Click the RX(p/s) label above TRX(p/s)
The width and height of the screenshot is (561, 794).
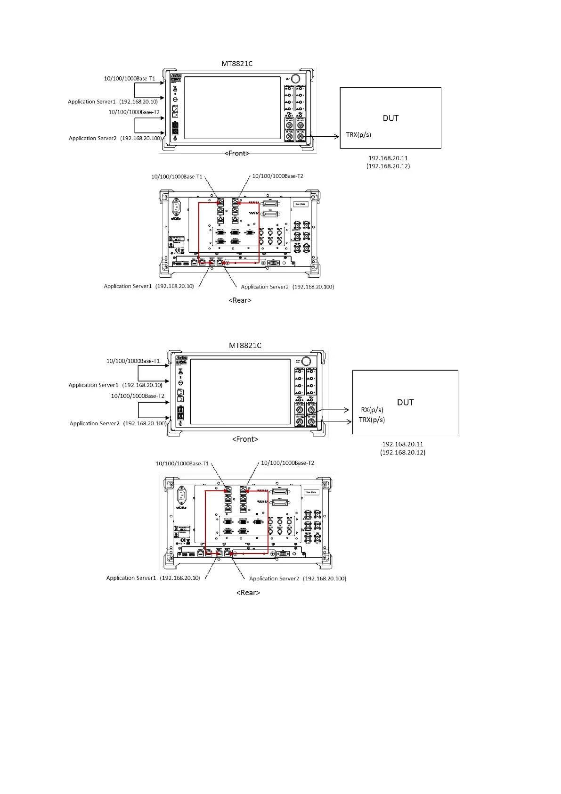coord(372,410)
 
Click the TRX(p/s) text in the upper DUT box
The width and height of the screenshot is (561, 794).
coord(358,135)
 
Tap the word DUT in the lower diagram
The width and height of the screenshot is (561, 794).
coord(405,402)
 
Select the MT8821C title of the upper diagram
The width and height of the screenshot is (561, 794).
coord(237,64)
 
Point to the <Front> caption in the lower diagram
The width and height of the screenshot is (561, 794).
coord(245,439)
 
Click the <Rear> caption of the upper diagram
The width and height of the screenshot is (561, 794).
coord(240,300)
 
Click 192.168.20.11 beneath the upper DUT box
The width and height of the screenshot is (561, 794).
coord(388,158)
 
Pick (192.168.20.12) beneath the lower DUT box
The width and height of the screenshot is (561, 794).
coord(403,452)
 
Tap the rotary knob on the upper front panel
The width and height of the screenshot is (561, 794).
coord(295,79)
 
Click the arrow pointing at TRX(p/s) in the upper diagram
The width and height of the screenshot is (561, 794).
coord(325,137)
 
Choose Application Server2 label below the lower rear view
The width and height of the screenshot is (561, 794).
coord(297,579)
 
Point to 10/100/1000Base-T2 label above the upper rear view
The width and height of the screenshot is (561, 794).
coord(277,176)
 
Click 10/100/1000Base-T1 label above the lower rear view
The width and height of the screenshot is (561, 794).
coord(182,463)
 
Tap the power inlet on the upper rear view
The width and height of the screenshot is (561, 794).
coord(177,207)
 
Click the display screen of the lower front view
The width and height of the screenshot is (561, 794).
coord(240,392)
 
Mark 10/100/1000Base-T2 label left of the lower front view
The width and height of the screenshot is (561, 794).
coord(138,396)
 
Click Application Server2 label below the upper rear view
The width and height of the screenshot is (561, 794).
coord(287,287)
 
